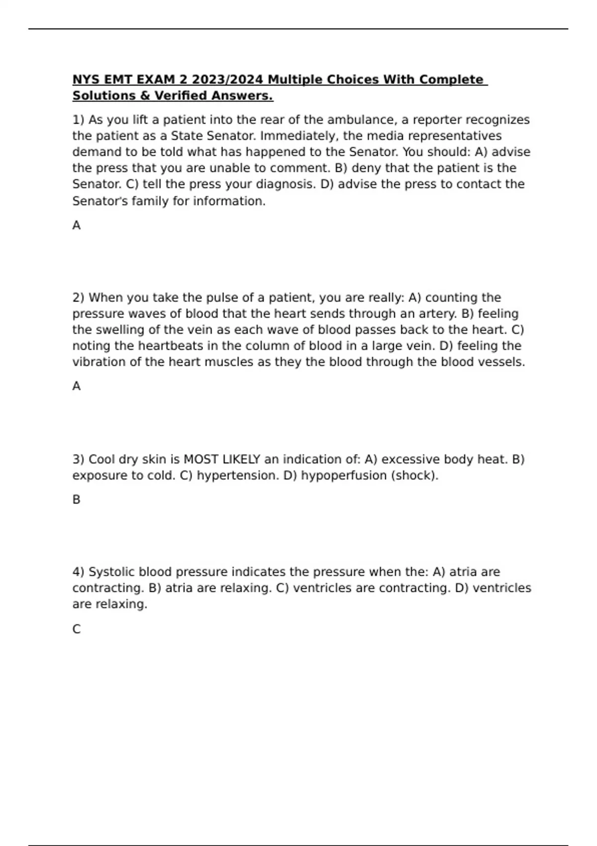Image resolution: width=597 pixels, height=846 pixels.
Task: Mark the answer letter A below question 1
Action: (x=77, y=225)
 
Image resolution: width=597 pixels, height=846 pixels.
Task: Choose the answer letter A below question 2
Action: (x=77, y=386)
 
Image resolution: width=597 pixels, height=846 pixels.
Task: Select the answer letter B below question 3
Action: (x=77, y=499)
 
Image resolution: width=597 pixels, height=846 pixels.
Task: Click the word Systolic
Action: (x=111, y=572)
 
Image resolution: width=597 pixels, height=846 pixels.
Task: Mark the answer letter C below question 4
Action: (x=77, y=629)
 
